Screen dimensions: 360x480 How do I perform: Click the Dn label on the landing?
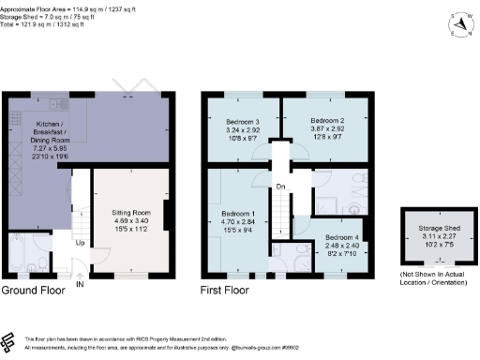point(280,186)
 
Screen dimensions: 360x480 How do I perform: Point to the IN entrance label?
point(80,284)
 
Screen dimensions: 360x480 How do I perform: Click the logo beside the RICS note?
point(10,341)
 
